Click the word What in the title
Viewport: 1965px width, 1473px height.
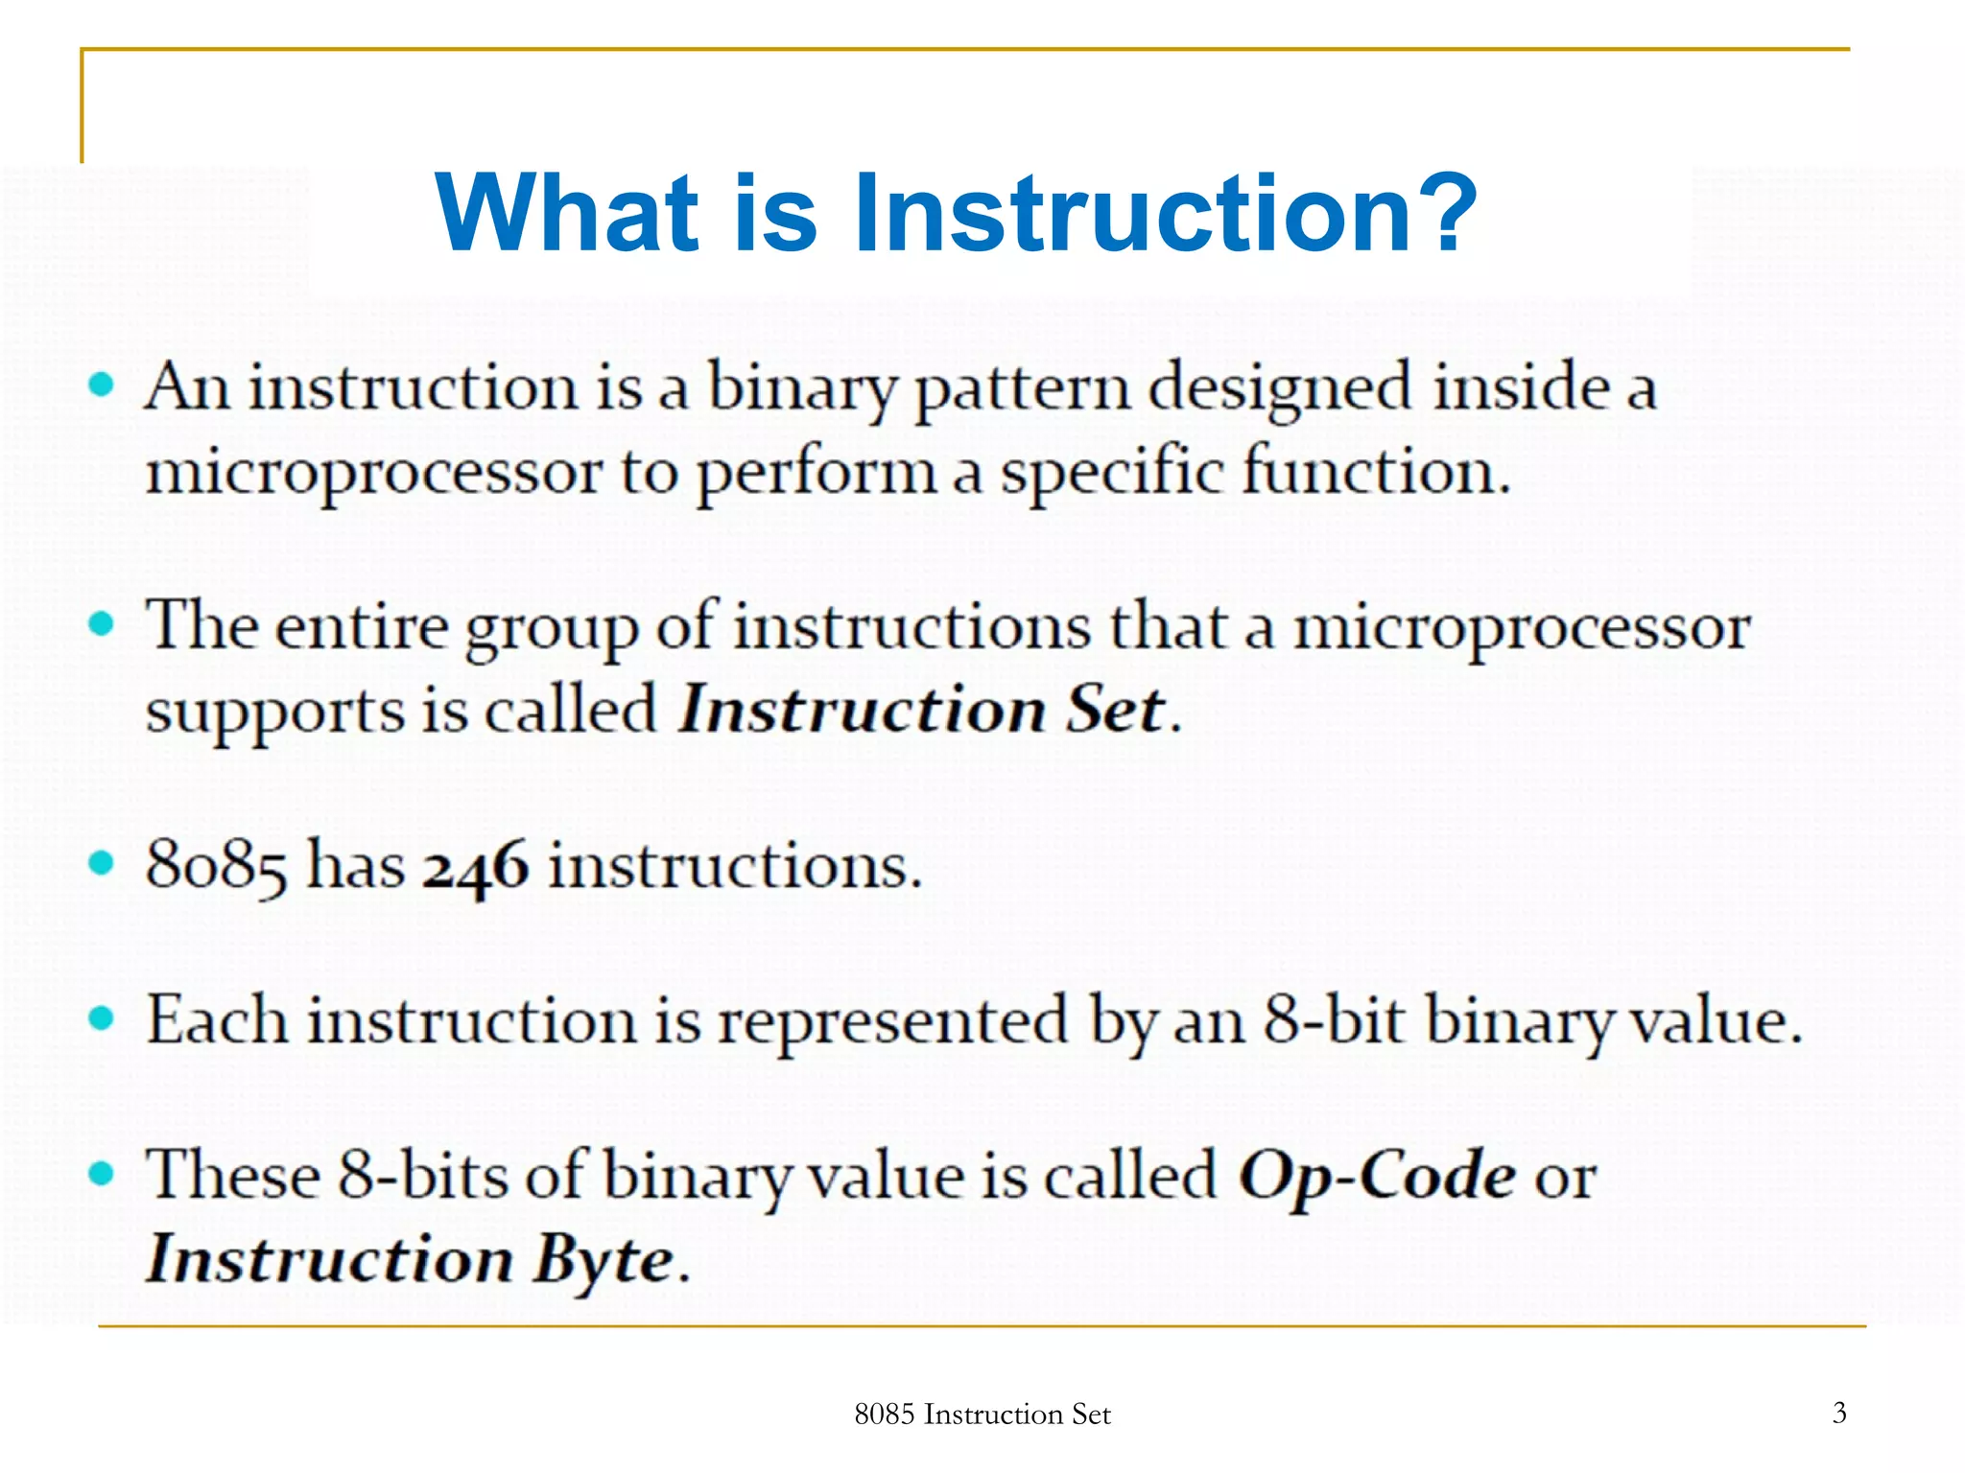click(567, 213)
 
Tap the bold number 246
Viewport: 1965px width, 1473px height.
click(476, 867)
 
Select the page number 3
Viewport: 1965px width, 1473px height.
click(1838, 1412)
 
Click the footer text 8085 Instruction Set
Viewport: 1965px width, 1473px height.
click(982, 1414)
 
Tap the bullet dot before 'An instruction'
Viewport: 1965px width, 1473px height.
click(101, 386)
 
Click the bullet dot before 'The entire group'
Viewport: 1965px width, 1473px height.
click(101, 624)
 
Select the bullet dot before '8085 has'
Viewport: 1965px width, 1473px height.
click(101, 863)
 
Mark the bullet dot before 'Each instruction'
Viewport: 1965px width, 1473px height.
click(101, 1017)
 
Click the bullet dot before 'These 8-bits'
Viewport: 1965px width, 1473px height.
click(101, 1173)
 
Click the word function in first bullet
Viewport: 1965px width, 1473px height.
click(1376, 472)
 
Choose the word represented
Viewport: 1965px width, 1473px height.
click(893, 1021)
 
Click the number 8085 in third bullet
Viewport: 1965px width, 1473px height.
click(216, 867)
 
